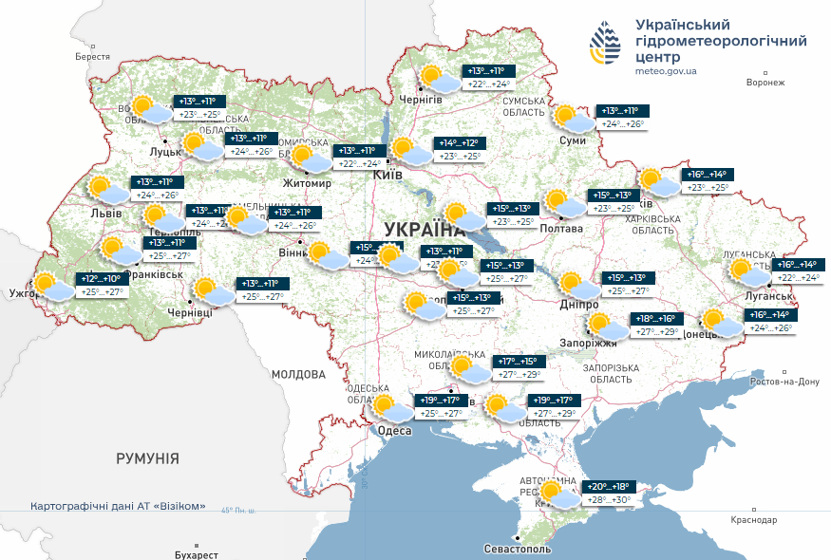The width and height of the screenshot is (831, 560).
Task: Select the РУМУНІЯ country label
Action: point(147,458)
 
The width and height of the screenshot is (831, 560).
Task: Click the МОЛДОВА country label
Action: point(299,375)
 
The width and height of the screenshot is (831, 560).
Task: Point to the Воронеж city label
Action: point(765,83)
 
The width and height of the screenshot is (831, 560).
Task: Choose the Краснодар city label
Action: point(754,520)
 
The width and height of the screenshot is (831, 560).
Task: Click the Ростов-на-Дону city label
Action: point(784,382)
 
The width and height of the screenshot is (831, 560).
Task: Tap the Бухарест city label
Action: point(197,553)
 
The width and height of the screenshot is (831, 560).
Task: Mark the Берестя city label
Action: point(93,57)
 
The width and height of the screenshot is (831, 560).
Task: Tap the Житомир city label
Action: point(307,183)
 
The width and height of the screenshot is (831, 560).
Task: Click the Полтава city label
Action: point(560,229)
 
